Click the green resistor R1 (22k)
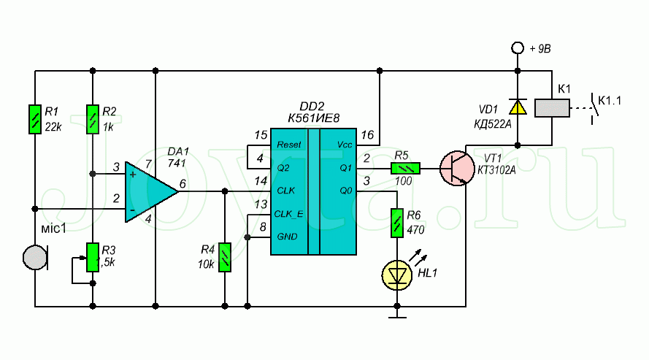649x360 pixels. click(34, 119)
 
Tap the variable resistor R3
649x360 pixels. click(93, 256)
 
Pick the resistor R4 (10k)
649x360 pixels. click(225, 256)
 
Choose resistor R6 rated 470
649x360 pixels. click(396, 224)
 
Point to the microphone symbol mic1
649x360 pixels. click(34, 256)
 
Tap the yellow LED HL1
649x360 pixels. click(396, 275)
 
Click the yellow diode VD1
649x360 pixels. click(518, 107)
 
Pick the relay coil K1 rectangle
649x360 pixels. click(553, 107)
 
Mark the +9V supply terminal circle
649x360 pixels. click(518, 48)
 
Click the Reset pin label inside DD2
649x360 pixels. click(290, 145)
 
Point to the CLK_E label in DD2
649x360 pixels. click(291, 214)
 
